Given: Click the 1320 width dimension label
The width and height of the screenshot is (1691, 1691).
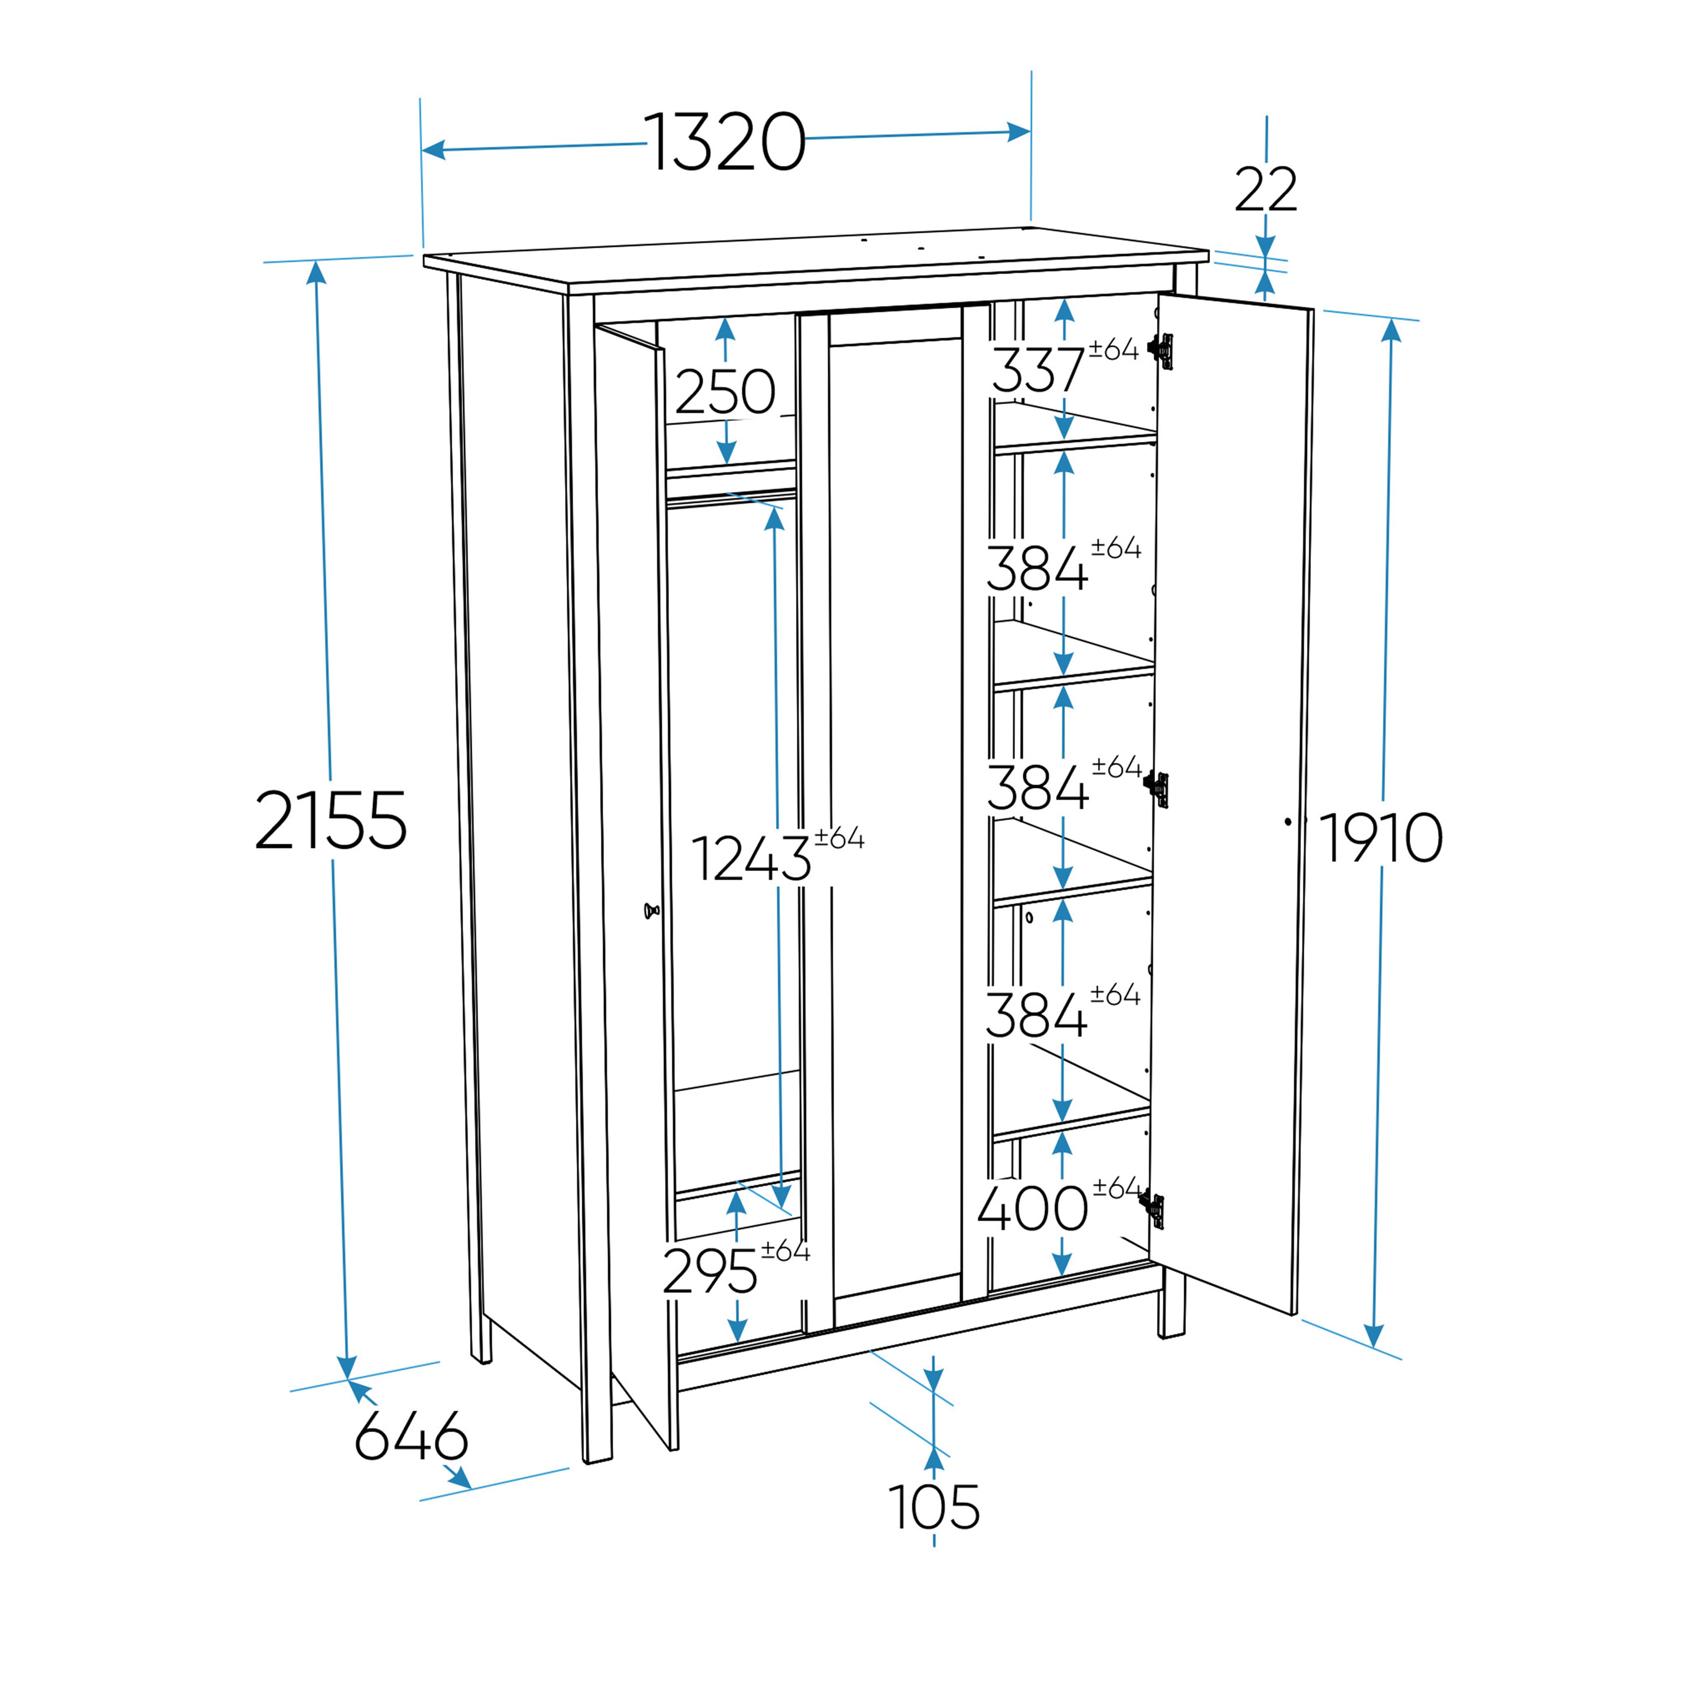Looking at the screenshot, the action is (x=725, y=142).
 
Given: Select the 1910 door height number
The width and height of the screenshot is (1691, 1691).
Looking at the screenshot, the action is (x=1380, y=838).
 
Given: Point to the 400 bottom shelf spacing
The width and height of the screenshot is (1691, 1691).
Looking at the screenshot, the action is (x=1033, y=1209).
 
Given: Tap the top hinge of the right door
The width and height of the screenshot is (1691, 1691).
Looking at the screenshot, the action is (x=1161, y=350).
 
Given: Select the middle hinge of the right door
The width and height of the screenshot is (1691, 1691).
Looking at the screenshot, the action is (x=1157, y=789).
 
